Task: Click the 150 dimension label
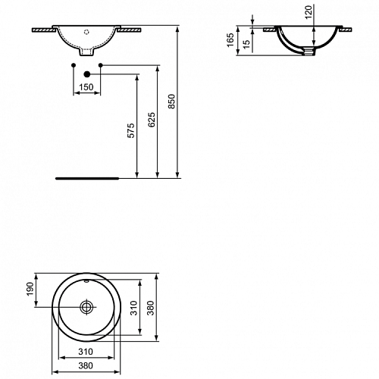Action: point(86,87)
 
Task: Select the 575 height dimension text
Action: point(131,130)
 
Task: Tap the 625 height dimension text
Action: point(152,120)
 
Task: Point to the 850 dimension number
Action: point(171,102)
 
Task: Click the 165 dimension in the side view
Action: point(230,40)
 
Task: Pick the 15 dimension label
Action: point(246,45)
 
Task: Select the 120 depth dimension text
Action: point(309,12)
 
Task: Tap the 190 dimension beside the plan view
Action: point(30,289)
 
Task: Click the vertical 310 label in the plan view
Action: point(133,308)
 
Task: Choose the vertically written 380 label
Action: point(151,308)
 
